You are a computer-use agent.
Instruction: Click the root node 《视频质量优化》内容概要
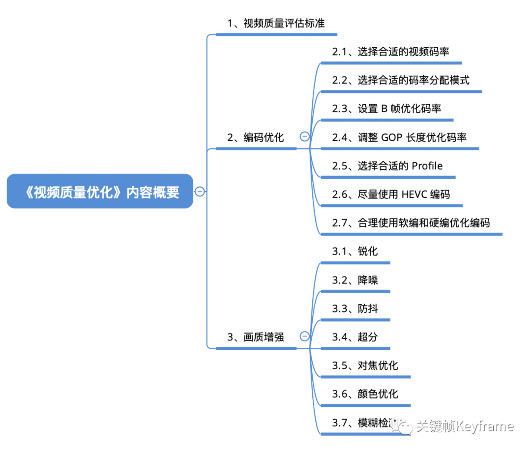pyautogui.click(x=100, y=192)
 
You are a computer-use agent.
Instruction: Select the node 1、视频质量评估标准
pyautogui.click(x=276, y=23)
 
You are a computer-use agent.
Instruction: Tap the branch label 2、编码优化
pyautogui.click(x=256, y=138)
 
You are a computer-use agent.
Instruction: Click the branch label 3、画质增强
pyautogui.click(x=256, y=337)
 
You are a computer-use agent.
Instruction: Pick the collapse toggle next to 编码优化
pyautogui.click(x=305, y=137)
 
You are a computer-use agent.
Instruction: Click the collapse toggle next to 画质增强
pyautogui.click(x=305, y=336)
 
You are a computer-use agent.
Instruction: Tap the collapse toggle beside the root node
pyautogui.click(x=200, y=192)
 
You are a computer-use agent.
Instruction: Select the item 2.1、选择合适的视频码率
pyautogui.click(x=390, y=52)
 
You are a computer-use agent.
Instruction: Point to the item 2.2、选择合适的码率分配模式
pyautogui.click(x=401, y=80)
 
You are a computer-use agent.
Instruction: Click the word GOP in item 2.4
pyautogui.click(x=392, y=138)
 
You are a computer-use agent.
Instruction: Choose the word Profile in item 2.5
pyautogui.click(x=427, y=166)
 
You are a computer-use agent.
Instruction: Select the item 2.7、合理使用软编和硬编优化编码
pyautogui.click(x=411, y=223)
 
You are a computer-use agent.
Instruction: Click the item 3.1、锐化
pyautogui.click(x=355, y=252)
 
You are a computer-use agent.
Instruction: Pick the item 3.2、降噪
pyautogui.click(x=355, y=280)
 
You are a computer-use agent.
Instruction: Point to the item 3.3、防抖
pyautogui.click(x=355, y=309)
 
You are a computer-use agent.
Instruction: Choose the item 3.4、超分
pyautogui.click(x=355, y=337)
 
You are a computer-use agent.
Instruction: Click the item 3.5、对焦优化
pyautogui.click(x=365, y=366)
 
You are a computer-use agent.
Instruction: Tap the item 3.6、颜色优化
pyautogui.click(x=365, y=394)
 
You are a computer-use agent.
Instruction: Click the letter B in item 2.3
pyautogui.click(x=384, y=109)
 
